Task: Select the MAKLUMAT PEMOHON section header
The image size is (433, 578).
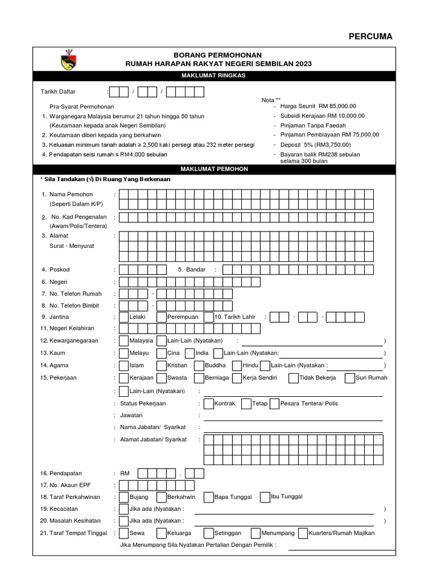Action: coord(214,169)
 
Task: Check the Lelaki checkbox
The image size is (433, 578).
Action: coord(124,317)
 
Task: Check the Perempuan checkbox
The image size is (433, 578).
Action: coord(162,317)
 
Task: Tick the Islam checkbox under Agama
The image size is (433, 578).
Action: coord(124,365)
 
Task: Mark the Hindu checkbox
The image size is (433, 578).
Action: coord(237,365)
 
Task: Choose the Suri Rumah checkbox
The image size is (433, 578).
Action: coord(350,378)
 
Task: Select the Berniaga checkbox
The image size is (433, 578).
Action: coord(200,378)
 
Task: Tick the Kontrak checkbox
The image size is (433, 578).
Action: coord(209,404)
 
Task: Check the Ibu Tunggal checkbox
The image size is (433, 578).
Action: coord(265,497)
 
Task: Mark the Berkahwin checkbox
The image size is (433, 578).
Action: coord(162,497)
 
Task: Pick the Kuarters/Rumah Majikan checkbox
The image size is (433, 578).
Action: coord(303,533)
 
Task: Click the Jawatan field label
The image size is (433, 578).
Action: coord(131,415)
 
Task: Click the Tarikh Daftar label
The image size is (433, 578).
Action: coord(58,91)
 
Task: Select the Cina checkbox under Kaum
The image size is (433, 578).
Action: coord(162,353)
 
